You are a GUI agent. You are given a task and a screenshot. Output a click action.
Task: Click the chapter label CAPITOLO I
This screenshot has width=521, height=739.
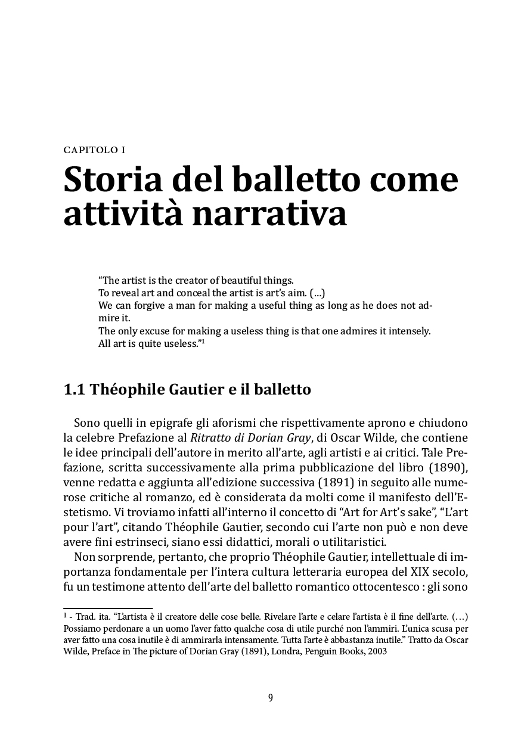[94, 150]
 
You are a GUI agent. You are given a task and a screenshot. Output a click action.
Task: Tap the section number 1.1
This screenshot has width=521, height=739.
[75, 390]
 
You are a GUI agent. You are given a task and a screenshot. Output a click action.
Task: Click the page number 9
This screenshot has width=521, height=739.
[271, 698]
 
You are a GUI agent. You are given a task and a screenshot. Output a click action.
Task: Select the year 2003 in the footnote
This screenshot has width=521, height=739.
[376, 651]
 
